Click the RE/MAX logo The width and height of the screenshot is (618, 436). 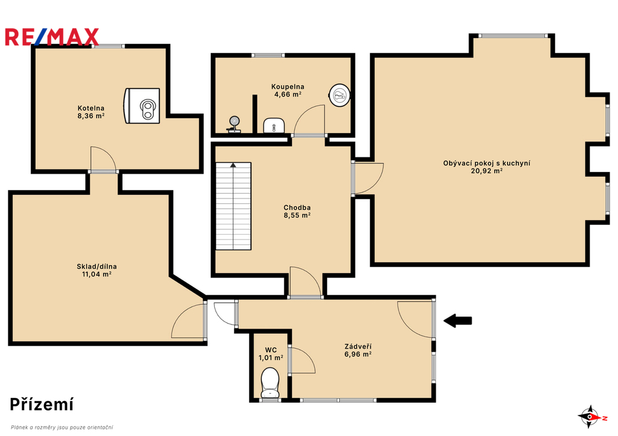(x=52, y=37)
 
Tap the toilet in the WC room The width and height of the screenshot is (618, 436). (x=270, y=383)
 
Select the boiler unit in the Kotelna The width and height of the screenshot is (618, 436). (x=142, y=106)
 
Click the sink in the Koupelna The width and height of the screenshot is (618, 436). (x=274, y=125)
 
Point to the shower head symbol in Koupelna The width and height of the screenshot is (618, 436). (x=234, y=124)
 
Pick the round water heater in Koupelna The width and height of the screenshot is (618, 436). (x=340, y=95)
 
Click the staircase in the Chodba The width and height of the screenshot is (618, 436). (x=234, y=206)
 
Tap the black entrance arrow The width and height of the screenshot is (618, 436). (x=458, y=321)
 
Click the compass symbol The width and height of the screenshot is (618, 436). (x=590, y=417)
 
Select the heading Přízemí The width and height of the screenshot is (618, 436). (x=42, y=405)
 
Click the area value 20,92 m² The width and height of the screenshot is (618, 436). (x=487, y=171)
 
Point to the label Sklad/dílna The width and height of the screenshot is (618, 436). (x=97, y=267)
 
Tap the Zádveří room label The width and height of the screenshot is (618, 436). (x=358, y=347)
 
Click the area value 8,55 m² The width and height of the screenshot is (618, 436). (x=297, y=215)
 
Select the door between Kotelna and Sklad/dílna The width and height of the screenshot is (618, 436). (x=103, y=160)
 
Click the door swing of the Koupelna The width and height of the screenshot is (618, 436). (x=310, y=121)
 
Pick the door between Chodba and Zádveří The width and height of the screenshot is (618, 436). (x=305, y=282)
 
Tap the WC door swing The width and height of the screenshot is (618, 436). (x=302, y=360)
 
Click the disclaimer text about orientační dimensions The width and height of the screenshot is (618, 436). (x=62, y=428)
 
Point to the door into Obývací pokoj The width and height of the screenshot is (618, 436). (x=368, y=179)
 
